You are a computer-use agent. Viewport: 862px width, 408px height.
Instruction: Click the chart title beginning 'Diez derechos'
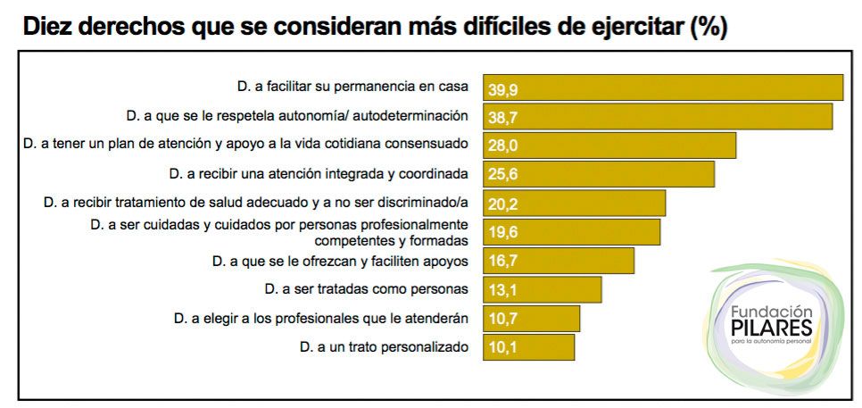375,26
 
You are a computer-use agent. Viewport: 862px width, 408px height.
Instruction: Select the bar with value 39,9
663,87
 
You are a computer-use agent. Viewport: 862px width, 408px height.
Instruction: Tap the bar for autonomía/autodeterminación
658,116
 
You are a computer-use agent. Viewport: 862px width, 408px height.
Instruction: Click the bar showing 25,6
599,174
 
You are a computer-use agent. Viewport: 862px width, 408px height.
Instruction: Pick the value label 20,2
503,204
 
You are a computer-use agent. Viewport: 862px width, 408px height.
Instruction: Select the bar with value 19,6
571,232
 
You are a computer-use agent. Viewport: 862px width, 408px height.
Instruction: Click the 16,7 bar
559,261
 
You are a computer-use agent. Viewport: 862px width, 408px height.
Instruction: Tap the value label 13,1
503,290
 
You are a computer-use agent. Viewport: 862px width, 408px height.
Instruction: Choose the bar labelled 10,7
532,319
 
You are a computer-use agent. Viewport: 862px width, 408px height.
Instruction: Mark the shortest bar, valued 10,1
529,347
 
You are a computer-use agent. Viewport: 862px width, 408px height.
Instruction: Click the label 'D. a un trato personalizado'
384,346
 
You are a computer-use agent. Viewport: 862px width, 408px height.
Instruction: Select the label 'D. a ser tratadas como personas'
367,289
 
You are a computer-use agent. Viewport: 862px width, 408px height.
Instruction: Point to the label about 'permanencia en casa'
352,87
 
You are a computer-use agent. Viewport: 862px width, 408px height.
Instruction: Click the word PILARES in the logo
770,327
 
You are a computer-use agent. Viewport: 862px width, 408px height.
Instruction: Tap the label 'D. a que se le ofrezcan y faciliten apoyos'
340,261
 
